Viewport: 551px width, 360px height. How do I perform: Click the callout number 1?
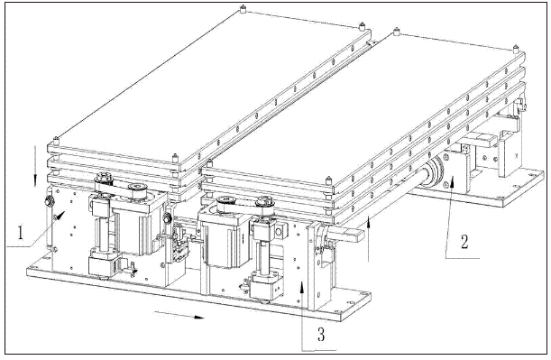point(21,233)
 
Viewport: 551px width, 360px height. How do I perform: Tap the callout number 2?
point(464,242)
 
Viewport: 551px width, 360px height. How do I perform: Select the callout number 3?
point(321,334)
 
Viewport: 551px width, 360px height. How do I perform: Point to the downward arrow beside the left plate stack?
point(35,166)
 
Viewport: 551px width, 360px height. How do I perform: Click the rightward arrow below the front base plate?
point(179,315)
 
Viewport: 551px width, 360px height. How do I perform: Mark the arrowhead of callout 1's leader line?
point(61,215)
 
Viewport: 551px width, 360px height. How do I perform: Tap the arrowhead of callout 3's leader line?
point(302,287)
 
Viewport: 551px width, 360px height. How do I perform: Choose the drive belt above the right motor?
point(245,205)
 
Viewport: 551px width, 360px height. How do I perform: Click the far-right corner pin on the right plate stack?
point(516,49)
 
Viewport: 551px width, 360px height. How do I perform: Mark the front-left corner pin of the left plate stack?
point(56,141)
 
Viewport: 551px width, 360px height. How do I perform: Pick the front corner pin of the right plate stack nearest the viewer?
point(329,180)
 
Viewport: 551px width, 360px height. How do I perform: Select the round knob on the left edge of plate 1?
point(50,201)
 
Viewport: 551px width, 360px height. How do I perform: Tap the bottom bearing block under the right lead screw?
point(266,287)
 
